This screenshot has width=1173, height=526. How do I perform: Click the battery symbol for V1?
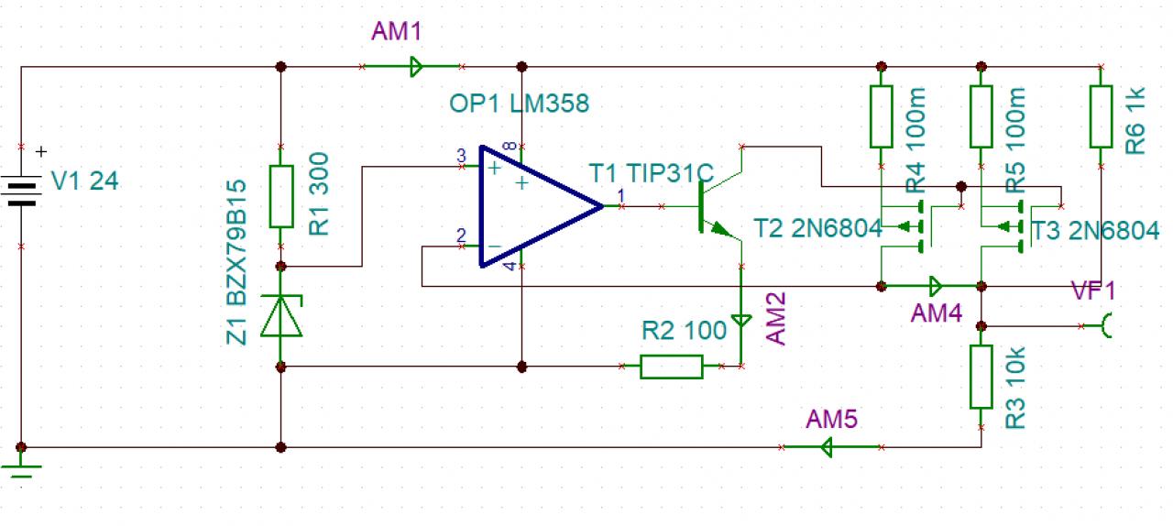click(x=21, y=192)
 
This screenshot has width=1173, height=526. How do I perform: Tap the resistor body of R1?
click(x=281, y=196)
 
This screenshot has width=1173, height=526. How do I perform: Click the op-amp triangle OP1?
click(x=532, y=207)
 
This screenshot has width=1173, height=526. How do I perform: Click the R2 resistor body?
click(x=672, y=367)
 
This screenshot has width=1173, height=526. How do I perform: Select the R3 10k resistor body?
click(x=981, y=377)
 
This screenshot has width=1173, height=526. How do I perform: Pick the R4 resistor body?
click(x=881, y=116)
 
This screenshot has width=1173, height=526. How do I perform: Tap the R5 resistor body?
click(x=981, y=116)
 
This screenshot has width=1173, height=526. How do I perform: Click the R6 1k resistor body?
click(x=1101, y=116)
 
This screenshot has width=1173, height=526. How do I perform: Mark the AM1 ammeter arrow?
click(x=415, y=66)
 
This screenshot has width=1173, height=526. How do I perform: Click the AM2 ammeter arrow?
click(x=740, y=322)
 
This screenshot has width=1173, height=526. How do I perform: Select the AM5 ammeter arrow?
click(x=825, y=447)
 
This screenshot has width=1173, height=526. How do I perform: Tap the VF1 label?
click(x=1093, y=292)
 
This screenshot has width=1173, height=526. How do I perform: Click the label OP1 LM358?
click(x=519, y=104)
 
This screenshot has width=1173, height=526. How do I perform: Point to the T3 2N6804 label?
click(x=1095, y=230)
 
